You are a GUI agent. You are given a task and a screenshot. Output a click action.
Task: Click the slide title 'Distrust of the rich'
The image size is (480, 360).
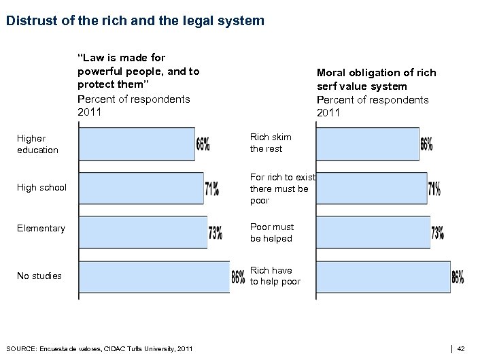click(135, 20)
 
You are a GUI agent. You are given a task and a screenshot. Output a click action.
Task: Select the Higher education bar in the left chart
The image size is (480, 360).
click(137, 144)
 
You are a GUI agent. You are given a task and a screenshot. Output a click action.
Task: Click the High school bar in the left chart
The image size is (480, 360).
click(141, 187)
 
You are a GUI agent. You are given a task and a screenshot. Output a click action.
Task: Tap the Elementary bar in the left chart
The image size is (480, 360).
click(143, 232)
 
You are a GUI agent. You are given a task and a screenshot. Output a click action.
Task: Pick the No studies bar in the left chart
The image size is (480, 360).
click(154, 277)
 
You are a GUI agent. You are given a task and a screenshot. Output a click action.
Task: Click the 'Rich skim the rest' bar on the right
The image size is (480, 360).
click(367, 144)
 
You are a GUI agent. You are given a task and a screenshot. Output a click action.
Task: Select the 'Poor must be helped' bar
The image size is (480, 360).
click(373, 232)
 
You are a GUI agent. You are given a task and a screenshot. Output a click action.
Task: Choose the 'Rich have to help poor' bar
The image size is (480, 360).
click(383, 277)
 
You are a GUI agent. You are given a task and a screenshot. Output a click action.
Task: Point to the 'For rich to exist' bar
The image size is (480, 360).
click(371, 187)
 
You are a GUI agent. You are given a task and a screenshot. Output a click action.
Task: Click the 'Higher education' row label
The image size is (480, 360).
click(37, 144)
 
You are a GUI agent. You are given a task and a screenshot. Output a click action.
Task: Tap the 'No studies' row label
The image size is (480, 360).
click(39, 276)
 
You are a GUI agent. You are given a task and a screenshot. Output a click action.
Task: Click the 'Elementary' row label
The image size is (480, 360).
click(41, 229)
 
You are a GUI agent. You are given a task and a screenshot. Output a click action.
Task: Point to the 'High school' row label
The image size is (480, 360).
click(41, 187)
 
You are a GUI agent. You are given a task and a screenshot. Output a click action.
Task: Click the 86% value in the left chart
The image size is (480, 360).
click(238, 278)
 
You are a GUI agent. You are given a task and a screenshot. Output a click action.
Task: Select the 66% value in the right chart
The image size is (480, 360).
click(426, 144)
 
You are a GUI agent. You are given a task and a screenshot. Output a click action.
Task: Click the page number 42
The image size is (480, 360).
click(461, 349)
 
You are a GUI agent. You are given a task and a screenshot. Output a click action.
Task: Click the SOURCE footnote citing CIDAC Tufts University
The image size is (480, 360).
click(99, 349)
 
